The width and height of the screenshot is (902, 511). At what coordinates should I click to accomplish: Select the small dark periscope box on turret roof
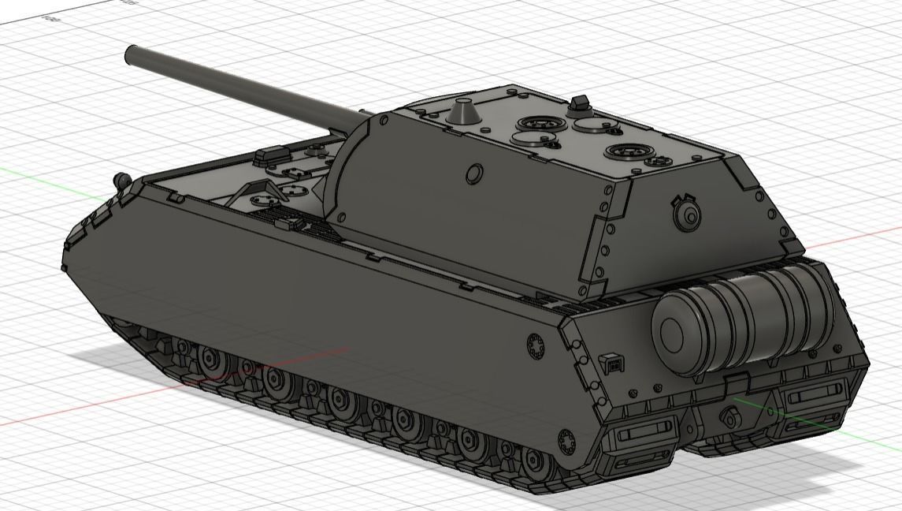(580, 103)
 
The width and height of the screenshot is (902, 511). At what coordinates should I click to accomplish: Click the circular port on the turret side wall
(474, 173)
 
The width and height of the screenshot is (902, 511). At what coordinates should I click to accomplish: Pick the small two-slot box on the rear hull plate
(611, 364)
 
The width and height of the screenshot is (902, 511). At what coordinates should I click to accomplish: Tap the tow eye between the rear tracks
(729, 419)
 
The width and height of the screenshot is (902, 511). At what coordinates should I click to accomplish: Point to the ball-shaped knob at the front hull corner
(121, 180)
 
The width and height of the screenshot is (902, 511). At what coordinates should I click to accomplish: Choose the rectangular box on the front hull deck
(270, 156)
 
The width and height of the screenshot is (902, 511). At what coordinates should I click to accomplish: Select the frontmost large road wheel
(211, 361)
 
